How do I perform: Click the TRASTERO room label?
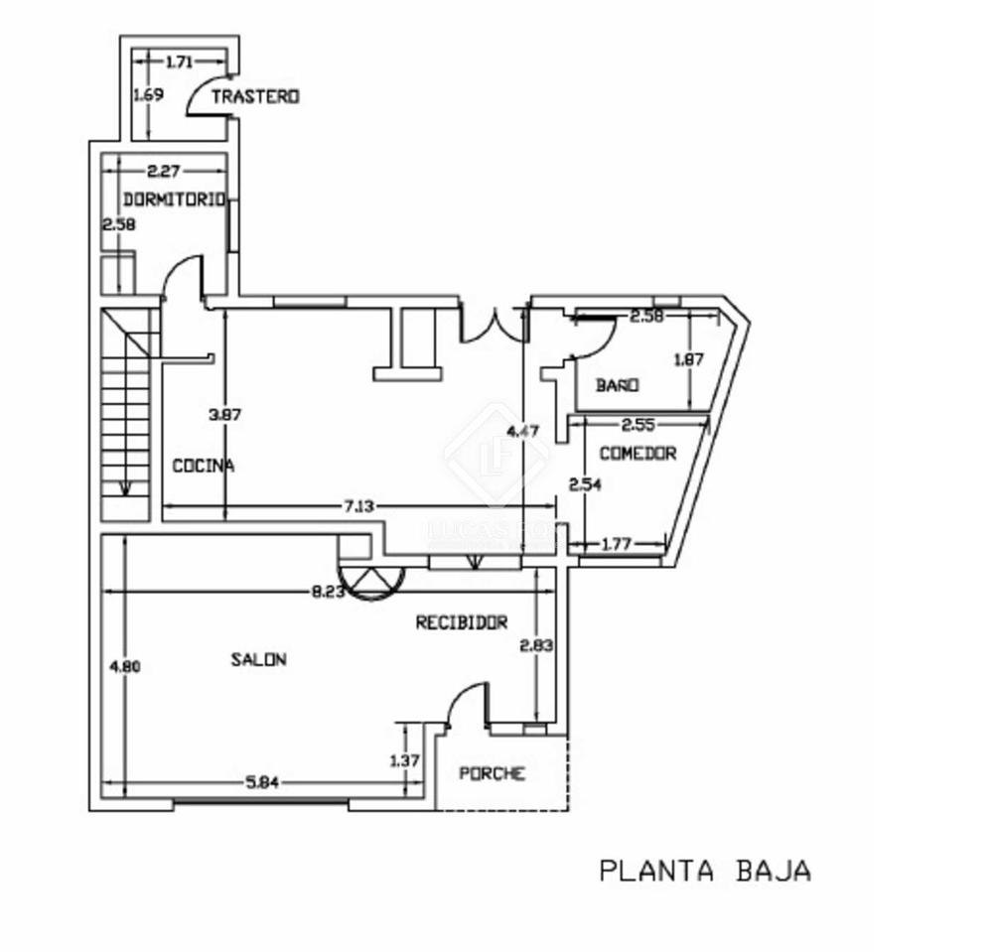tap(255, 96)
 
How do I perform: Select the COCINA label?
tap(204, 465)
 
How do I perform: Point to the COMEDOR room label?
tap(638, 453)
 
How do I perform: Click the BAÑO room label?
tap(617, 385)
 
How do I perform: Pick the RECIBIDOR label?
tap(462, 622)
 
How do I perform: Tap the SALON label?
tap(259, 659)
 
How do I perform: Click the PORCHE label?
tap(492, 774)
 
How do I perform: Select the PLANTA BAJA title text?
tap(705, 871)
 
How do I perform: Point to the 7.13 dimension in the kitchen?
tap(359, 505)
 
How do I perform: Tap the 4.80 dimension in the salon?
tap(125, 666)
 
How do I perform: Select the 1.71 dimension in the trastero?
tap(179, 63)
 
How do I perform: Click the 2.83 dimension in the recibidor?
tap(536, 645)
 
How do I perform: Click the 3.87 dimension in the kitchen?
tap(224, 415)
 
